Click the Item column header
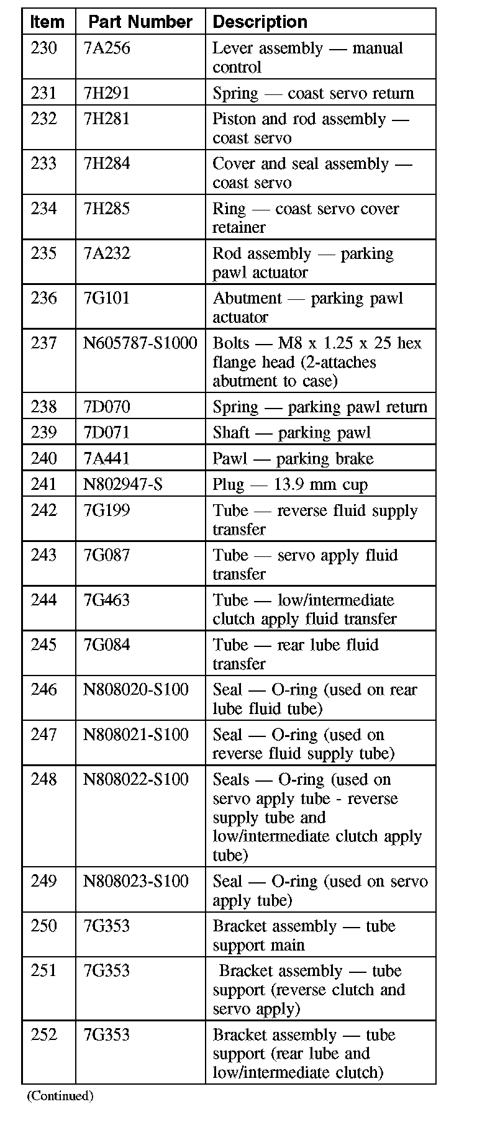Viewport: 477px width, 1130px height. point(47,22)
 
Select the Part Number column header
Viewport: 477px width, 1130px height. point(140,22)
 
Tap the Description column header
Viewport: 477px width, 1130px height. point(260,22)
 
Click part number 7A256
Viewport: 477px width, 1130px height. point(107,48)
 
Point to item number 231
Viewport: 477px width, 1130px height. point(43,93)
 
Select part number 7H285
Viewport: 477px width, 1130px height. point(107,208)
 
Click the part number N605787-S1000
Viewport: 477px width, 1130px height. point(140,343)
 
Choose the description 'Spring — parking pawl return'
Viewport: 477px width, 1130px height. point(320,407)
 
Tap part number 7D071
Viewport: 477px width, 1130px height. point(107,432)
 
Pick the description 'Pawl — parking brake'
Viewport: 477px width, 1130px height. point(293,458)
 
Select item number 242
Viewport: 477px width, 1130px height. point(43,510)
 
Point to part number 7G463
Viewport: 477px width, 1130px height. point(107,600)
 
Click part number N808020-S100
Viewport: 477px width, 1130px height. point(136,689)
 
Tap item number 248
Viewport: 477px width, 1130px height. point(43,779)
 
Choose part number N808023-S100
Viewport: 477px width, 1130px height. point(136,881)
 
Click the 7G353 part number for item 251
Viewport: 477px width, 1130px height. point(107,970)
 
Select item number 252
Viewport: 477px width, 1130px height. point(43,1034)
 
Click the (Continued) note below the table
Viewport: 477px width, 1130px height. point(60,1096)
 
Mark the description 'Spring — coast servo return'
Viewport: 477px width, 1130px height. point(313,93)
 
